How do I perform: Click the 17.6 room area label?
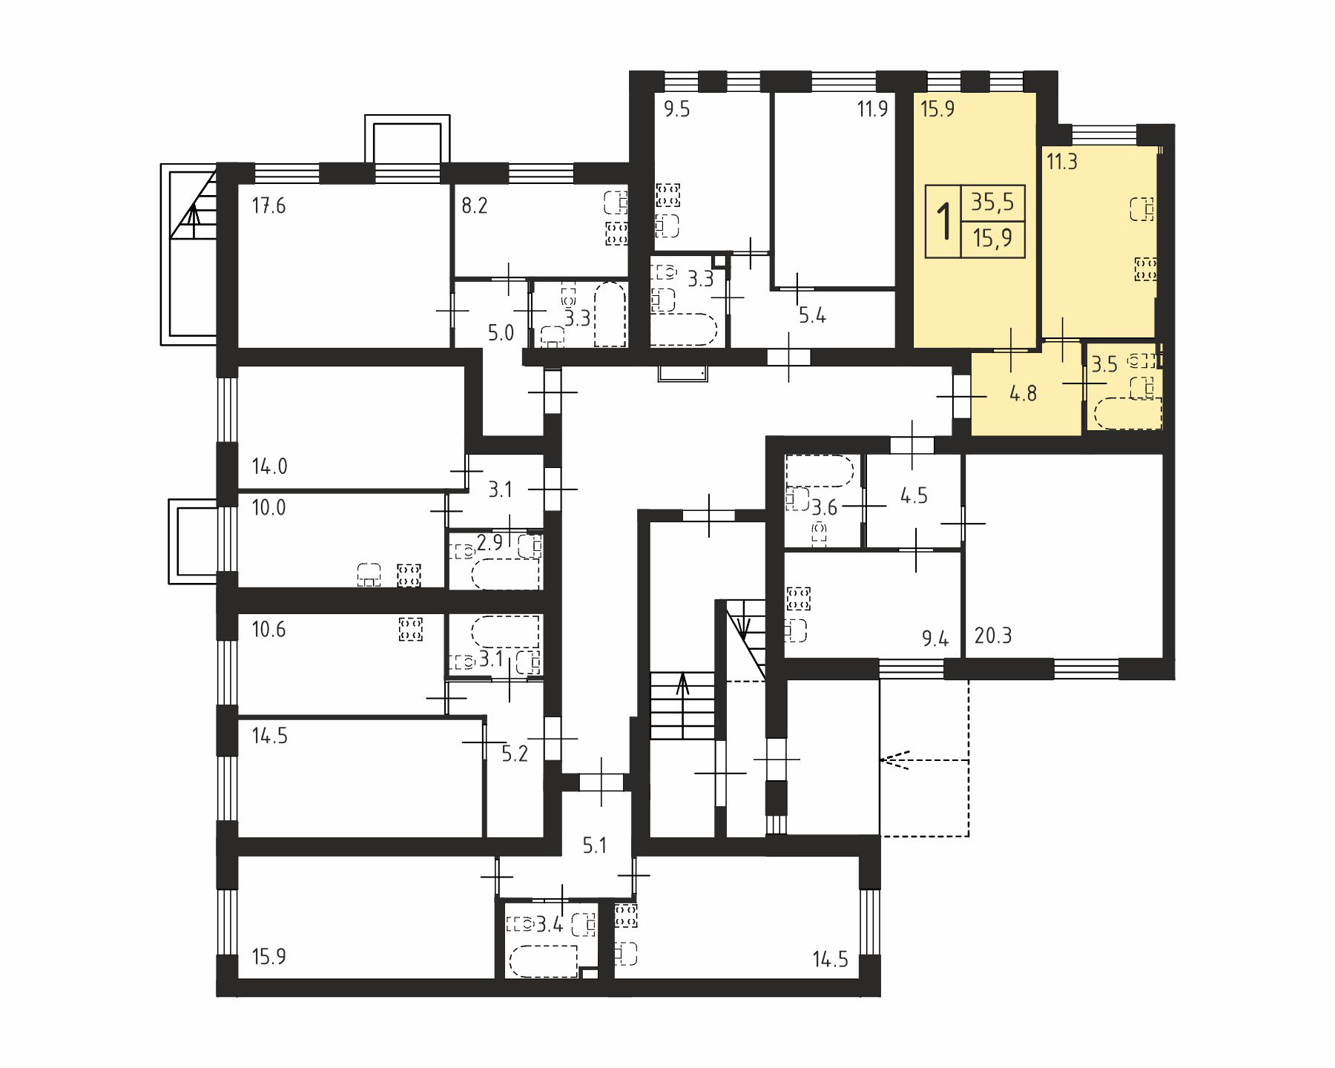[x=268, y=205]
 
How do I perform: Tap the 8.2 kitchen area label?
[x=475, y=205]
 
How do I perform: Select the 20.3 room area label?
[x=993, y=636]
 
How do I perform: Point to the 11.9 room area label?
[x=872, y=110]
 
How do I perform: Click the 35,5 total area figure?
[x=992, y=202]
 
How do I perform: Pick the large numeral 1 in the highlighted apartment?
[x=944, y=221]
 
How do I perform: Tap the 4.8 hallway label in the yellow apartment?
[x=1023, y=393]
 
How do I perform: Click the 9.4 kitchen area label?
[x=936, y=638]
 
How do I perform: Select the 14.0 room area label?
[x=269, y=467]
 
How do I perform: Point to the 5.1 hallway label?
[x=595, y=845]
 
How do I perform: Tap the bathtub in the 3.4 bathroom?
[x=544, y=961]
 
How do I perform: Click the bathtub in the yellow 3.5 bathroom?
[x=1127, y=414]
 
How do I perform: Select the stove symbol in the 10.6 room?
[x=410, y=629]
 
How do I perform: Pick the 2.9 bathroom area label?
[x=490, y=543]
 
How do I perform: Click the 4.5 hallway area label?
[x=914, y=495]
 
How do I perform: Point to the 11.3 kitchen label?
[x=1062, y=162]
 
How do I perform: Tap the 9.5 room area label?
[x=676, y=110]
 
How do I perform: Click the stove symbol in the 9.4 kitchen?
[x=799, y=599]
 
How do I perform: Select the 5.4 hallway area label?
[x=812, y=316]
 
